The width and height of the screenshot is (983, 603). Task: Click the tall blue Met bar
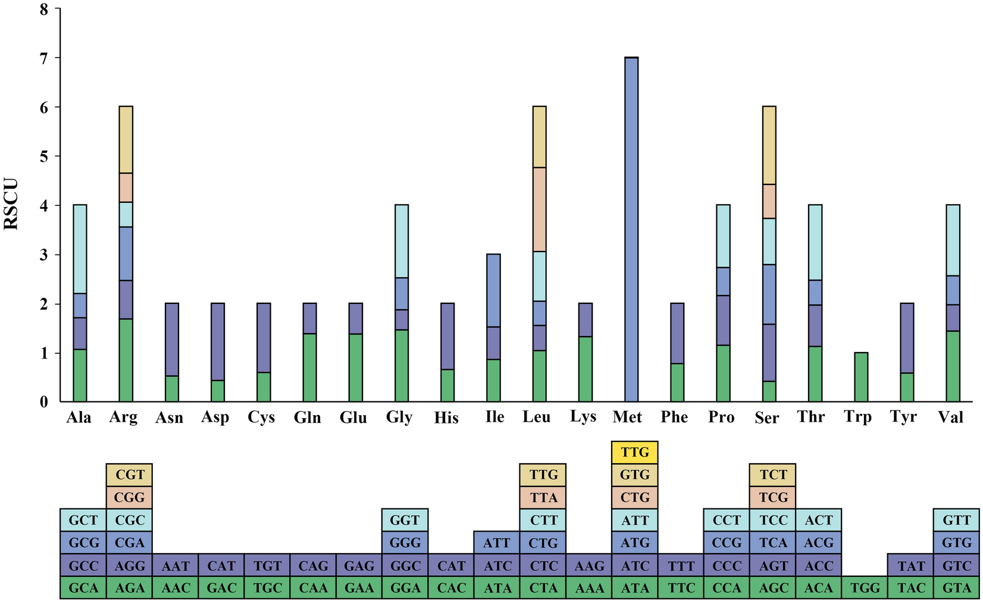pos(631,229)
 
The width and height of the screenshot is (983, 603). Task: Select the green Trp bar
pos(861,377)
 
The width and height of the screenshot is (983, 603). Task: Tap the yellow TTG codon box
pos(635,453)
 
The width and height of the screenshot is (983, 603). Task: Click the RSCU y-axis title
pos(12,205)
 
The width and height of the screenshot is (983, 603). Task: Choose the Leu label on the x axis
pos(537,417)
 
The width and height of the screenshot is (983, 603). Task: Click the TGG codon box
pos(865,588)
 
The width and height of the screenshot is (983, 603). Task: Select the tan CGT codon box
pos(130,475)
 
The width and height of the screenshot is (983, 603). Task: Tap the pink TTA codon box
pos(543,497)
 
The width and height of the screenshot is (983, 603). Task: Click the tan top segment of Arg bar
pos(126,140)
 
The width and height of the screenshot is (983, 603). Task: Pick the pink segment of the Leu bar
pos(539,209)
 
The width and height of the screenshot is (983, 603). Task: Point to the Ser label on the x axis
pos(766,417)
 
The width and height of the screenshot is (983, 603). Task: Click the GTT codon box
pos(956,520)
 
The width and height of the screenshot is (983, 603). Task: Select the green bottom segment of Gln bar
pos(309,368)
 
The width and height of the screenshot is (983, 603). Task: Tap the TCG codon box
pos(773,497)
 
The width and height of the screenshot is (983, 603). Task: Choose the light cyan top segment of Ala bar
pos(80,249)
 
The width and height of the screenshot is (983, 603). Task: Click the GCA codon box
pos(83,588)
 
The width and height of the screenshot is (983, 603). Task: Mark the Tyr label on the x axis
pos(903,417)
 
